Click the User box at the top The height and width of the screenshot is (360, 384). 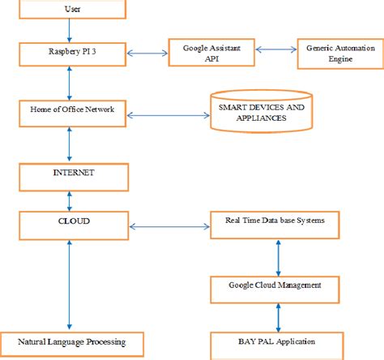(71, 11)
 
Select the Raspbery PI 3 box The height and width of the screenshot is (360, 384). (71, 54)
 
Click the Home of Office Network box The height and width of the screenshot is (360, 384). (71, 113)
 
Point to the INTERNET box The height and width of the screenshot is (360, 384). (71, 173)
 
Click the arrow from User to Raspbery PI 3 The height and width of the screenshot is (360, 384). (71, 32)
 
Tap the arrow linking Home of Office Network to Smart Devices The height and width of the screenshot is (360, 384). (166, 113)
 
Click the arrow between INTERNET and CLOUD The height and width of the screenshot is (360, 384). (71, 199)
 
